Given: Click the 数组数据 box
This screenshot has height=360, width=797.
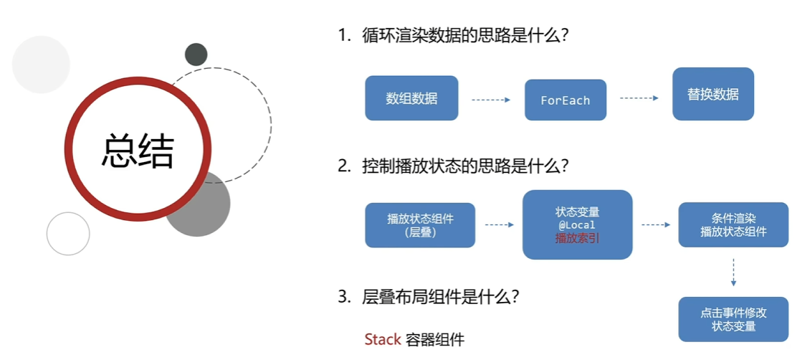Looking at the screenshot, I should [x=411, y=98].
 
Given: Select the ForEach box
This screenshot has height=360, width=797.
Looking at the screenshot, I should [x=565, y=100].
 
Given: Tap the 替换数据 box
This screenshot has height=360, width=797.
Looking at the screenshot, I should [x=712, y=94].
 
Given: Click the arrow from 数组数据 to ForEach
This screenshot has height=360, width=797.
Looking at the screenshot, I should [x=491, y=100].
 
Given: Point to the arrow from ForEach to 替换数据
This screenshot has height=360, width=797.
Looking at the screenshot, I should [x=639, y=98].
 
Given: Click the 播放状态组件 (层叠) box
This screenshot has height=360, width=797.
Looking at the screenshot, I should [x=420, y=224].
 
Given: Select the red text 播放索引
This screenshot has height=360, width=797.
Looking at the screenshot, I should [x=577, y=237].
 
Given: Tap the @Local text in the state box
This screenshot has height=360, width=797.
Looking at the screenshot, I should [x=577, y=225].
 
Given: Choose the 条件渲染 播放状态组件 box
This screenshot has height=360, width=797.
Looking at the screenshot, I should [x=733, y=224].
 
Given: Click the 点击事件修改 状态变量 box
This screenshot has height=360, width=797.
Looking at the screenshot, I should [x=733, y=319].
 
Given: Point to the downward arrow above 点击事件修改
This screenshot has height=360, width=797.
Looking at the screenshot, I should [x=733, y=273].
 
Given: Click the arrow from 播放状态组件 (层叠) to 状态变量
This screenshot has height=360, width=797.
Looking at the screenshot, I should [x=499, y=224].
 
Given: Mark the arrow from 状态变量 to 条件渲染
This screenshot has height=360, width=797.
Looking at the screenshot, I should [x=655, y=224].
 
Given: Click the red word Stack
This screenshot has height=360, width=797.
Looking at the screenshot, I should [x=382, y=339].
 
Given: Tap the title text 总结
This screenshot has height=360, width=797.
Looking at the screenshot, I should [x=138, y=150].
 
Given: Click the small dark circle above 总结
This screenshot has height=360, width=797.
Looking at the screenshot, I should [x=196, y=55].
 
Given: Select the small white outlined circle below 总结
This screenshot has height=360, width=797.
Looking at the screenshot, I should [x=68, y=234].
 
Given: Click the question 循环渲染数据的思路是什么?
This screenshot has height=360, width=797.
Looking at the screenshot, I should [x=465, y=37].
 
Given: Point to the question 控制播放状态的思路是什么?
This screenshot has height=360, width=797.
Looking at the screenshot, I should [x=465, y=166].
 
